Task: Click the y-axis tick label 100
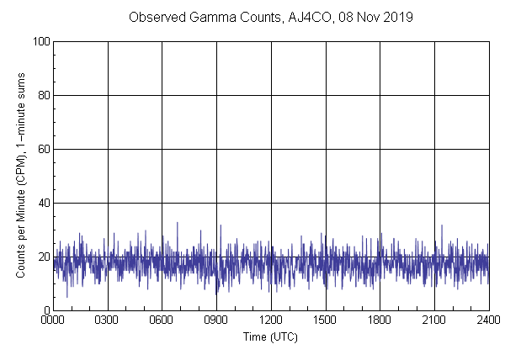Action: [40, 41]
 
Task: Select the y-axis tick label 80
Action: [42, 95]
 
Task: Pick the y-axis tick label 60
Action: [42, 149]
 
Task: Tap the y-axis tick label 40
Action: [42, 203]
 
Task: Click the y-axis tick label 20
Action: [42, 257]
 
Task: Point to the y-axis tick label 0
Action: [45, 310]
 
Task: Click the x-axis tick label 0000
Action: [53, 320]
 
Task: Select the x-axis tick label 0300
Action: [108, 320]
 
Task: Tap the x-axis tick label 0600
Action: [162, 320]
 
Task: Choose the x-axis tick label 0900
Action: [216, 320]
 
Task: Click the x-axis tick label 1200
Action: [271, 320]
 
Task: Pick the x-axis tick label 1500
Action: [325, 320]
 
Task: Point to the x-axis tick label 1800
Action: [380, 320]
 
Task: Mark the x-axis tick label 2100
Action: [434, 320]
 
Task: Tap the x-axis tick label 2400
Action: [488, 320]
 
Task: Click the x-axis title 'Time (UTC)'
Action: [270, 336]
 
